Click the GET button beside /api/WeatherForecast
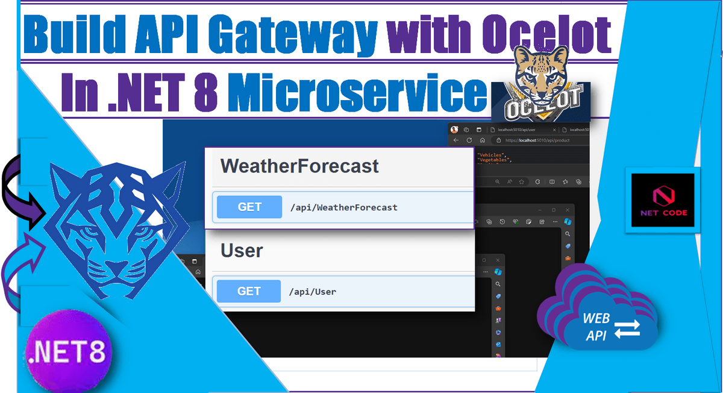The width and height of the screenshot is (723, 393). coord(249,207)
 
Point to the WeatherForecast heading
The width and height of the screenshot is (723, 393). coord(299,166)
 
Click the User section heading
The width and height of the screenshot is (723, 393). coord(242,250)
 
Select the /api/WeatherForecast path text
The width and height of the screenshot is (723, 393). coord(343,207)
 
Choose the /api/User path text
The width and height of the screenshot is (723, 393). coord(313,292)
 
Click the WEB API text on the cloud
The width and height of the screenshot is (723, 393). coord(596,326)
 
